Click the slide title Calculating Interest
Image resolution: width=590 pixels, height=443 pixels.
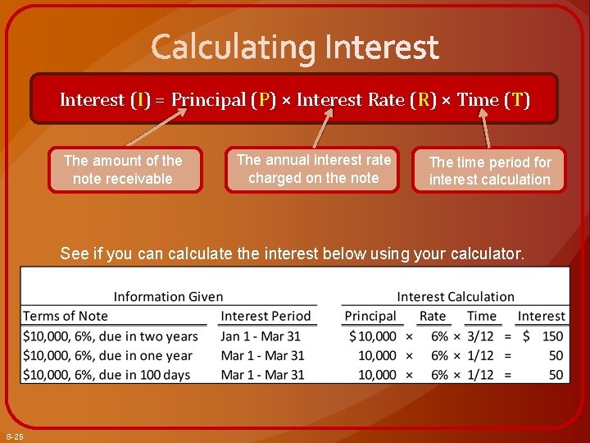click(x=295, y=47)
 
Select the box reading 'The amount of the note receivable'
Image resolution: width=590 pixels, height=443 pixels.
click(x=124, y=170)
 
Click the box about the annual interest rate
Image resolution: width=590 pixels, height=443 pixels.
click(x=313, y=169)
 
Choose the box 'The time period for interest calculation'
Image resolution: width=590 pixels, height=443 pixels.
click(x=489, y=171)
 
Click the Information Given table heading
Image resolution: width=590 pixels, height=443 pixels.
click(x=168, y=296)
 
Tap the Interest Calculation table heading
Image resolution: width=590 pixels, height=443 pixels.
click(x=456, y=296)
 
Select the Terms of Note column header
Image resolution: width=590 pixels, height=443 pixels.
click(x=66, y=316)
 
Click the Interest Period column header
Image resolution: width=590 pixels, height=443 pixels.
click(x=265, y=316)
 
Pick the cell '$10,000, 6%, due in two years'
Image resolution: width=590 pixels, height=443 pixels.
click(x=111, y=336)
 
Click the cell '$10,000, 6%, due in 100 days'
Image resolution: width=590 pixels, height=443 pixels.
click(x=107, y=375)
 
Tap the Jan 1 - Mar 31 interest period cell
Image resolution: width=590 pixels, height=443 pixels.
click(x=261, y=336)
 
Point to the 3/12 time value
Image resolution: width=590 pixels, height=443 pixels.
click(x=480, y=336)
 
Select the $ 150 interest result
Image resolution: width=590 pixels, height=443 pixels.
click(x=543, y=336)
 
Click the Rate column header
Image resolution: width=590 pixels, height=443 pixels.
click(x=433, y=316)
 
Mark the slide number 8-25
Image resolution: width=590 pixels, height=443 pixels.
click(x=15, y=436)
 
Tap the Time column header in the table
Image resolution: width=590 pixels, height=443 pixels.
click(x=482, y=316)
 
